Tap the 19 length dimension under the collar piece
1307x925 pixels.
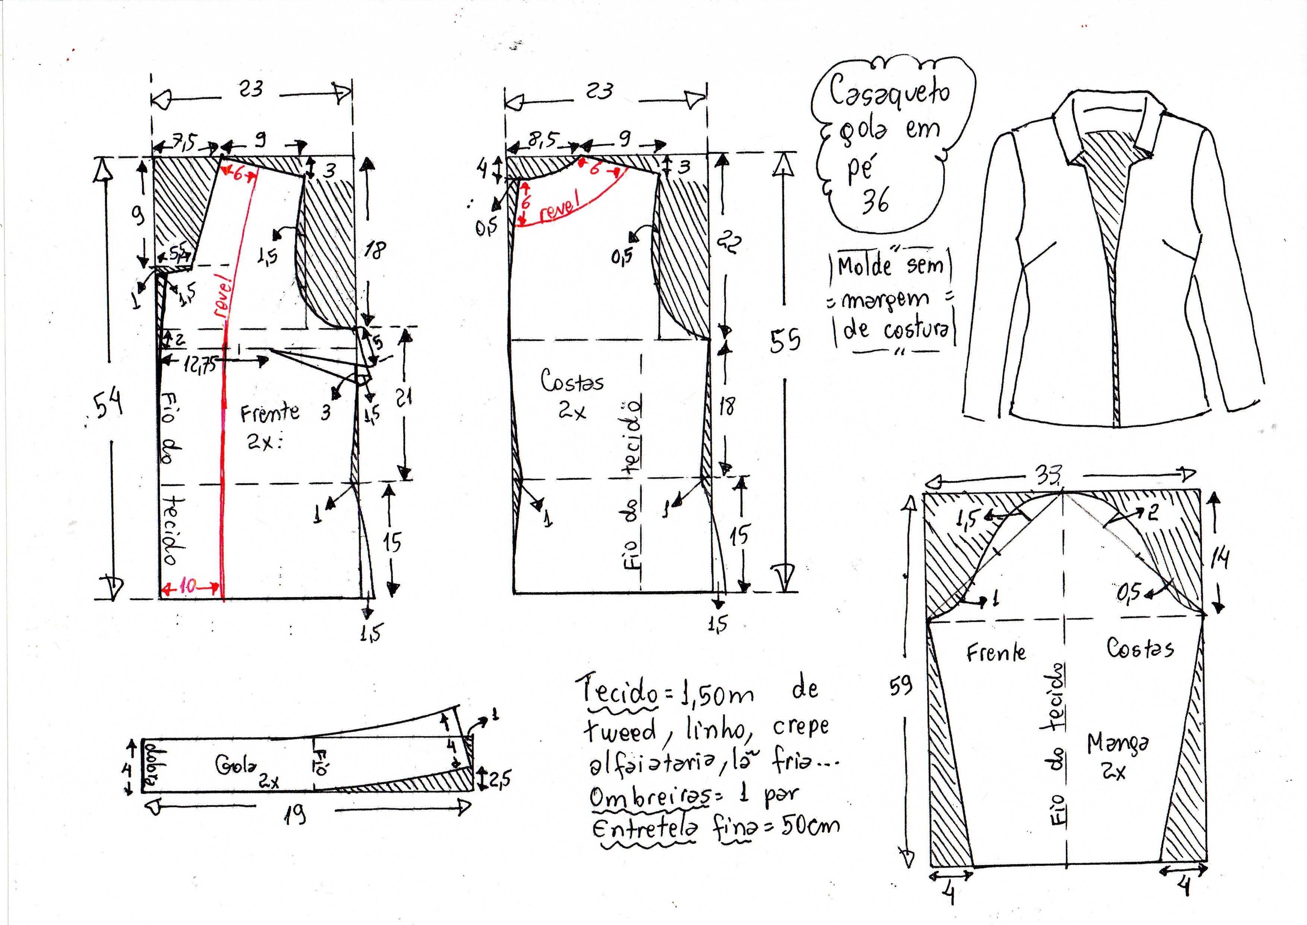tap(295, 816)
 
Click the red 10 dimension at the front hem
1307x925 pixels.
tap(188, 586)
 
